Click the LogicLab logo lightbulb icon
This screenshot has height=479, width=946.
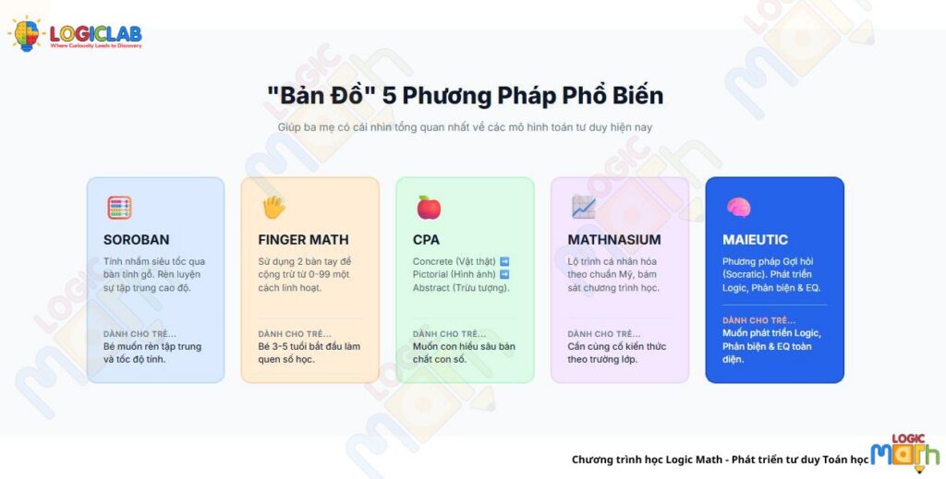click(26, 35)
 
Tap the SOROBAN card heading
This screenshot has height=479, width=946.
click(136, 240)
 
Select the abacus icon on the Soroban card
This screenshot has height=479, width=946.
click(119, 207)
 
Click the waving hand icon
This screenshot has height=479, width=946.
click(273, 207)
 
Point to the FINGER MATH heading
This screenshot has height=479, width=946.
click(303, 240)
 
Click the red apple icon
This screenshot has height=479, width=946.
click(429, 207)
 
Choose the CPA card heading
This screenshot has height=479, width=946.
click(426, 240)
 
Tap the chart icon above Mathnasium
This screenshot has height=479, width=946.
click(583, 207)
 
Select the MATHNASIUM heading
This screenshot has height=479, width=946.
click(614, 240)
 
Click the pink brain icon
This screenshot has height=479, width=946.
click(738, 207)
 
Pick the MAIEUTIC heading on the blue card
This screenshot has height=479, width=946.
click(756, 240)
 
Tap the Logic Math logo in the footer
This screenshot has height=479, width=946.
click(904, 453)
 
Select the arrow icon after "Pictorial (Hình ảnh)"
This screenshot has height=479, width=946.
click(503, 274)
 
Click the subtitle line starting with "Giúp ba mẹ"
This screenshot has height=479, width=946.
click(465, 126)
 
